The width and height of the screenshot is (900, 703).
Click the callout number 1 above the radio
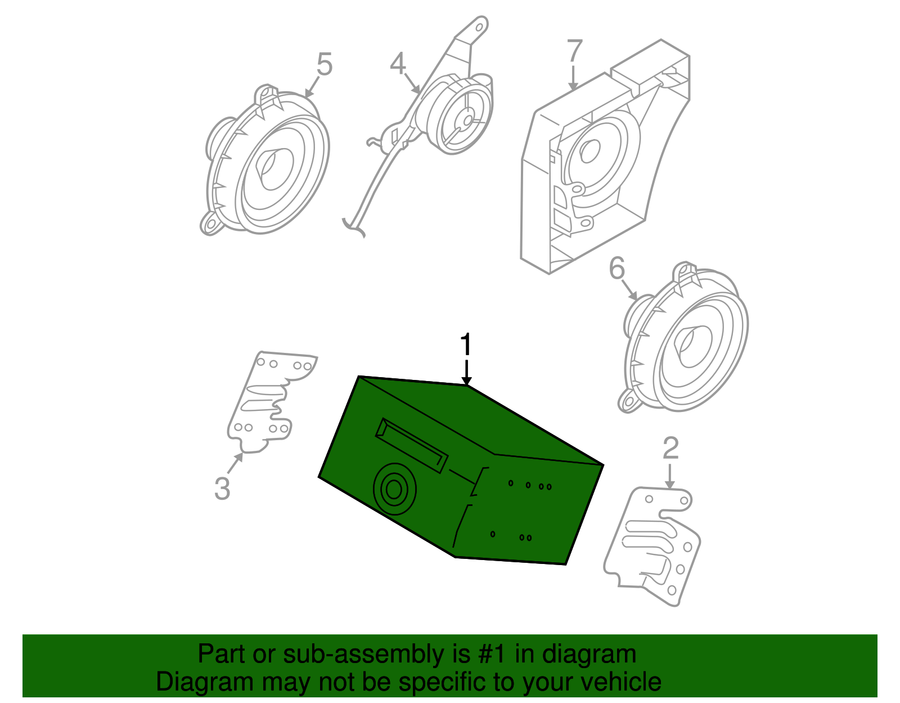(466, 344)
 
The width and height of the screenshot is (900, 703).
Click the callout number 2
(670, 449)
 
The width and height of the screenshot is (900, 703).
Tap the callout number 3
(222, 488)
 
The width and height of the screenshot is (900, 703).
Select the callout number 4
(398, 64)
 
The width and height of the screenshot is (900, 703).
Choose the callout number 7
(574, 51)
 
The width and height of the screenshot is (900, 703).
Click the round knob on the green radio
(394, 489)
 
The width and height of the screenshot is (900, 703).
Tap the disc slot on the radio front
(412, 445)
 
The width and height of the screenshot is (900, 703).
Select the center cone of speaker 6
(689, 344)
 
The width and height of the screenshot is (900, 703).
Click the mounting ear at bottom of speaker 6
(629, 401)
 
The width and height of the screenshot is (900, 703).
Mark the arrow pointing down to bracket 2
(669, 476)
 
